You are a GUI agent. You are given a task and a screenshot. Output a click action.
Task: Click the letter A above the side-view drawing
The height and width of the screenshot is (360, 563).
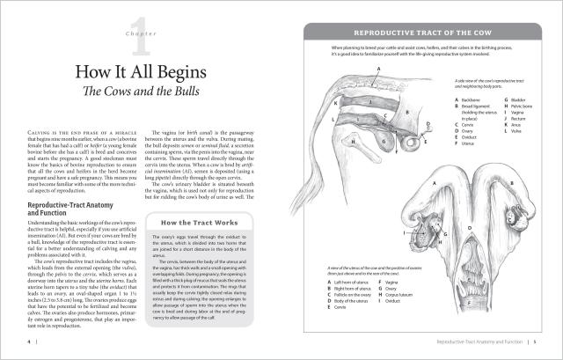377,69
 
